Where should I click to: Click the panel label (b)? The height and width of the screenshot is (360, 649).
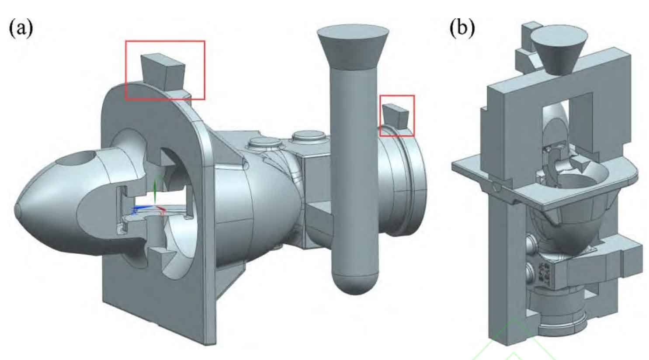click(462, 29)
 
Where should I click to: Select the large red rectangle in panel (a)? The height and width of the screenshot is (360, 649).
click(165, 42)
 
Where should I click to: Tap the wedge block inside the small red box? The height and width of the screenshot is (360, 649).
click(395, 114)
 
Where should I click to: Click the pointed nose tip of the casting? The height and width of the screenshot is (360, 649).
click(18, 212)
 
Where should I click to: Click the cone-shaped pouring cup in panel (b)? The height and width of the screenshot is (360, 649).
click(553, 50)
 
